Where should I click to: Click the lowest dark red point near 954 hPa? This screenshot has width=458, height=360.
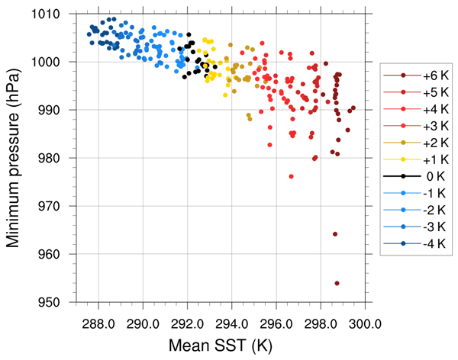(337, 283)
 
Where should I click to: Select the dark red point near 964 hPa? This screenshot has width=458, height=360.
(335, 234)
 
